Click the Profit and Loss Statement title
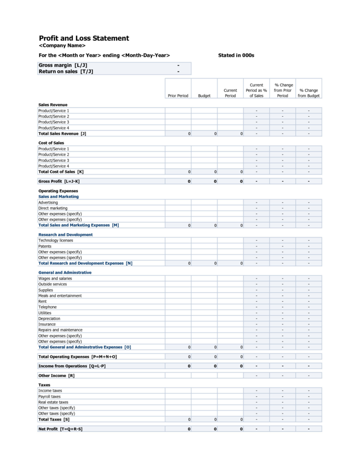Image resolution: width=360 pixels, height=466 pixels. pos(84,38)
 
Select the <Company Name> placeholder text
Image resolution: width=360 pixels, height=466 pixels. pos(62,46)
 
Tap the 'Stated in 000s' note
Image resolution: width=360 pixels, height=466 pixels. pos(236,55)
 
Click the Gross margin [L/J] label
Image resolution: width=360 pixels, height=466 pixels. pos(63,65)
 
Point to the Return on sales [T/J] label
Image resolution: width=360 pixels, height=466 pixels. pos(66,71)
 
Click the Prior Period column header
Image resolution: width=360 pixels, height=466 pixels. pos(178,96)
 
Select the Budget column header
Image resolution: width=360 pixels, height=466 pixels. pos(204,96)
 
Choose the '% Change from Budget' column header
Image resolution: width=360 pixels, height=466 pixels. pos(308,93)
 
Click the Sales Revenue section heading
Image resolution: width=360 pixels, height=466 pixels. pos(53,105)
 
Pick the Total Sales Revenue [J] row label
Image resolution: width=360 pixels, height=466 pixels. pos(62,134)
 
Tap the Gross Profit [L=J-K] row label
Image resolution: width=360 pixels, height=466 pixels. pos(59,181)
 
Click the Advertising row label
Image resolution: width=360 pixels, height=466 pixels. pos(48,202)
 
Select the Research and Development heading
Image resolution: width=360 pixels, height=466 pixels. pos(65,234)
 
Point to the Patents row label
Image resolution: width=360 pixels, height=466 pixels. pos(46,246)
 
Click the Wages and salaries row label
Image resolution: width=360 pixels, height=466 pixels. pos(55,278)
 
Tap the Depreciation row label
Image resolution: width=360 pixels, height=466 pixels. pos(49,319)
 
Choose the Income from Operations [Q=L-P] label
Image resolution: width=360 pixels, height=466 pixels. pos(72,366)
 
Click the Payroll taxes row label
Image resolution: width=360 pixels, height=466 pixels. pos(49,396)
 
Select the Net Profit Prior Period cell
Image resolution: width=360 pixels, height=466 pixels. pos(178,429)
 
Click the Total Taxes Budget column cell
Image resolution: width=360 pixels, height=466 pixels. pos(204,419)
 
